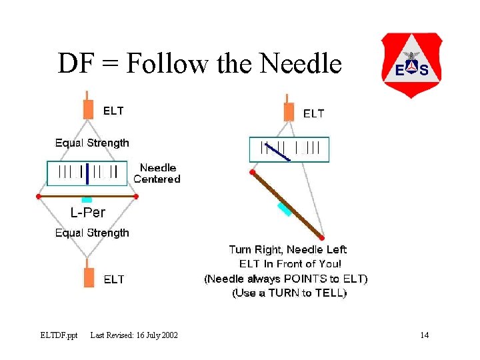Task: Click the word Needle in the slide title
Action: [301, 65]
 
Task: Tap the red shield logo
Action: [411, 65]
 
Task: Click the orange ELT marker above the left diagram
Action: [89, 109]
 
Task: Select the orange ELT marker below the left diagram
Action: [89, 276]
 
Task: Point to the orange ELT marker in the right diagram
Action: [289, 111]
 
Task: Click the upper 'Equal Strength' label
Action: [92, 143]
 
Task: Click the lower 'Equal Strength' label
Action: [92, 233]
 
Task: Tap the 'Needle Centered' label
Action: [157, 173]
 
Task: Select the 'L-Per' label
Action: [88, 213]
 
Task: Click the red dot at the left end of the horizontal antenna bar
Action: [38, 197]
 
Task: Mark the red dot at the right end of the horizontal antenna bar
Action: [136, 197]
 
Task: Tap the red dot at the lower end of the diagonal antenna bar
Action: [322, 237]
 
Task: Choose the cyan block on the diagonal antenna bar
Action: [285, 209]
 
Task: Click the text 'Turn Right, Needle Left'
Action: [288, 250]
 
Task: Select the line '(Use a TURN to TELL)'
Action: [289, 293]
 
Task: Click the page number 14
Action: [424, 335]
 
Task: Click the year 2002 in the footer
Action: [167, 335]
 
